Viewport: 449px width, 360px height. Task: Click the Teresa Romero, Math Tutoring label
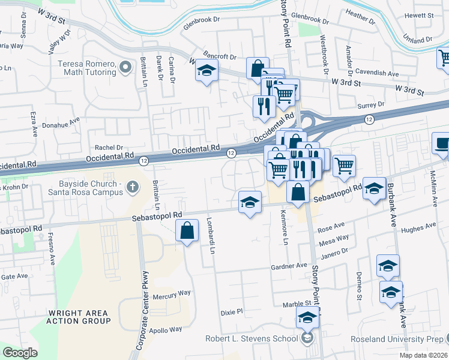[x=86, y=68]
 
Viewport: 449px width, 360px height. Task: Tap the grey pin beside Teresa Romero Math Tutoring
[x=125, y=67]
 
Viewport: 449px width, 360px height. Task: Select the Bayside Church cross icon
[x=133, y=188]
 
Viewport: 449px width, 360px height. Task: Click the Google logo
[x=20, y=353]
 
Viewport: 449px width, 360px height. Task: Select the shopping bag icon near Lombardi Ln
[x=187, y=230]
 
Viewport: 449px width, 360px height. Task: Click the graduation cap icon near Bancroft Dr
[x=206, y=71]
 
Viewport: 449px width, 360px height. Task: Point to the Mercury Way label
[x=171, y=293]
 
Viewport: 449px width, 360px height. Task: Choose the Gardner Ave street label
[x=289, y=265]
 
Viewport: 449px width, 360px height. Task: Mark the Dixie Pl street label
[x=232, y=312]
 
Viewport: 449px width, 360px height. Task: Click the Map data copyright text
[x=423, y=355]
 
